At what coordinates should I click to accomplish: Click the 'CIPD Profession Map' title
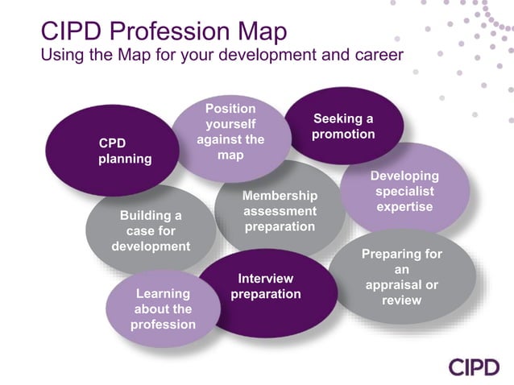[164, 32]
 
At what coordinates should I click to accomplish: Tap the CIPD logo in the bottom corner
[475, 366]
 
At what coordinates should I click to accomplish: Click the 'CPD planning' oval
[113, 151]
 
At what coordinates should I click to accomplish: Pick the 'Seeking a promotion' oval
[343, 126]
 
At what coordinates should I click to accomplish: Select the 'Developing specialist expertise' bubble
[404, 191]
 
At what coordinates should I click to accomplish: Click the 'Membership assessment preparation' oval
[280, 211]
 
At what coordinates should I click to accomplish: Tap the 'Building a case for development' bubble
[151, 230]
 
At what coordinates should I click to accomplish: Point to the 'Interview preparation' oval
[266, 287]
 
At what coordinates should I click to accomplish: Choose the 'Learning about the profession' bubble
[164, 309]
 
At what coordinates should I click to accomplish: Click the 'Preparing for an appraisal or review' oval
[401, 277]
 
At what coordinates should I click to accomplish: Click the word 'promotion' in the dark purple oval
[343, 134]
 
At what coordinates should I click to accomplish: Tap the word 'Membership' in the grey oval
[280, 196]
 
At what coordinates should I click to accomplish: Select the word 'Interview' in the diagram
[266, 279]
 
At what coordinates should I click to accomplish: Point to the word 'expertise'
[404, 207]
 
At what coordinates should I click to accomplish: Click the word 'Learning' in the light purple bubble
[164, 294]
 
